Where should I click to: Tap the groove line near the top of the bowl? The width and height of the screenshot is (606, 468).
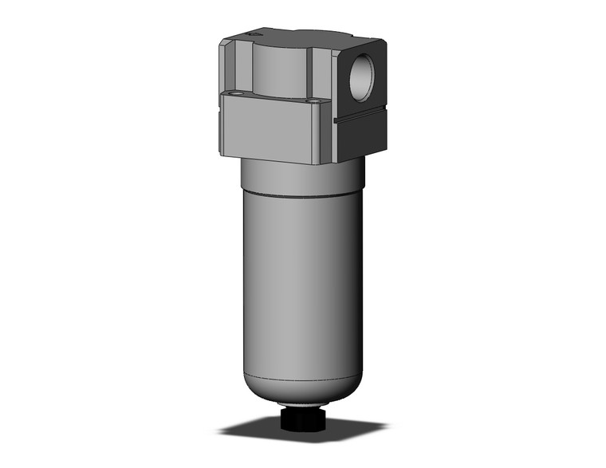(303, 194)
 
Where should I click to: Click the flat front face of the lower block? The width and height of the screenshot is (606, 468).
(271, 132)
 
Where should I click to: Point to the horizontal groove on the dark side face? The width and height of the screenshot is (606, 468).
(363, 117)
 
